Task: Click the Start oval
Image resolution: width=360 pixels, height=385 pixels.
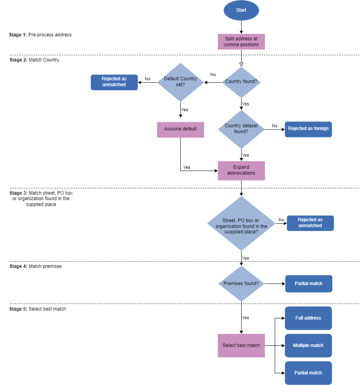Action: click(241, 11)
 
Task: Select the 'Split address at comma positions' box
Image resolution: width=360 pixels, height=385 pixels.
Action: click(241, 42)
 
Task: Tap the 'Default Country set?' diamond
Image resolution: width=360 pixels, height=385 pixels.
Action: click(180, 82)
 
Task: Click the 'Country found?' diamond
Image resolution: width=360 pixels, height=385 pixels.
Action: click(241, 82)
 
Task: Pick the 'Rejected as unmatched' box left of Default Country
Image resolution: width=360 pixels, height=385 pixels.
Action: click(114, 82)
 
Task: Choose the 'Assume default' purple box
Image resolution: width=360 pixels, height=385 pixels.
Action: click(180, 129)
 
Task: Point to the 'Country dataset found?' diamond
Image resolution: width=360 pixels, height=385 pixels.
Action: click(241, 129)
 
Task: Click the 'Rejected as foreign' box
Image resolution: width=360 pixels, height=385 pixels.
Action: click(308, 129)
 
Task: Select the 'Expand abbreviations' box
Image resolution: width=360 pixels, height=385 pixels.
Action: click(241, 170)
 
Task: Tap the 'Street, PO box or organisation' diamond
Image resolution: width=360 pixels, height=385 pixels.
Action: click(241, 223)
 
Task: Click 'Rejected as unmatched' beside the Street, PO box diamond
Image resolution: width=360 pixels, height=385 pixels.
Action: click(310, 223)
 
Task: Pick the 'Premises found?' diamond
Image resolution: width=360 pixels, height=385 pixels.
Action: click(241, 284)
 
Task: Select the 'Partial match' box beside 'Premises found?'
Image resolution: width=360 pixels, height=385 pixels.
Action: click(309, 284)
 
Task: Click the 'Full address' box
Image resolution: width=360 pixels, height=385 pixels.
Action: click(308, 318)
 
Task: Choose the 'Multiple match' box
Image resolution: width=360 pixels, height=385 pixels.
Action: click(308, 345)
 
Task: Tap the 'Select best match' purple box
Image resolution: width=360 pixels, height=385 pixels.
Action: click(241, 345)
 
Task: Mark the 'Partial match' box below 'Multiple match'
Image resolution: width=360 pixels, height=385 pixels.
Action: click(308, 373)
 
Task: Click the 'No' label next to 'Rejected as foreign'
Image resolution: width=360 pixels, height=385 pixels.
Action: click(275, 126)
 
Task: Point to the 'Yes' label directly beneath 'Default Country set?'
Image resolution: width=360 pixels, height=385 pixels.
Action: click(185, 110)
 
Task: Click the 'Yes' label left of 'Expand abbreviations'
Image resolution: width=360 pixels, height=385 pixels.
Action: click(187, 168)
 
